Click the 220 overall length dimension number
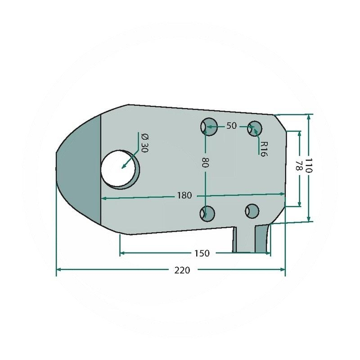[182, 270]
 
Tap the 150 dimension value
[202, 253]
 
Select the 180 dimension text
[184, 195]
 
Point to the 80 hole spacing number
[205, 162]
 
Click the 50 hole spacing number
[231, 126]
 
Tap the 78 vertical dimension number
[298, 165]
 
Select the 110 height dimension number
[309, 165]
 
